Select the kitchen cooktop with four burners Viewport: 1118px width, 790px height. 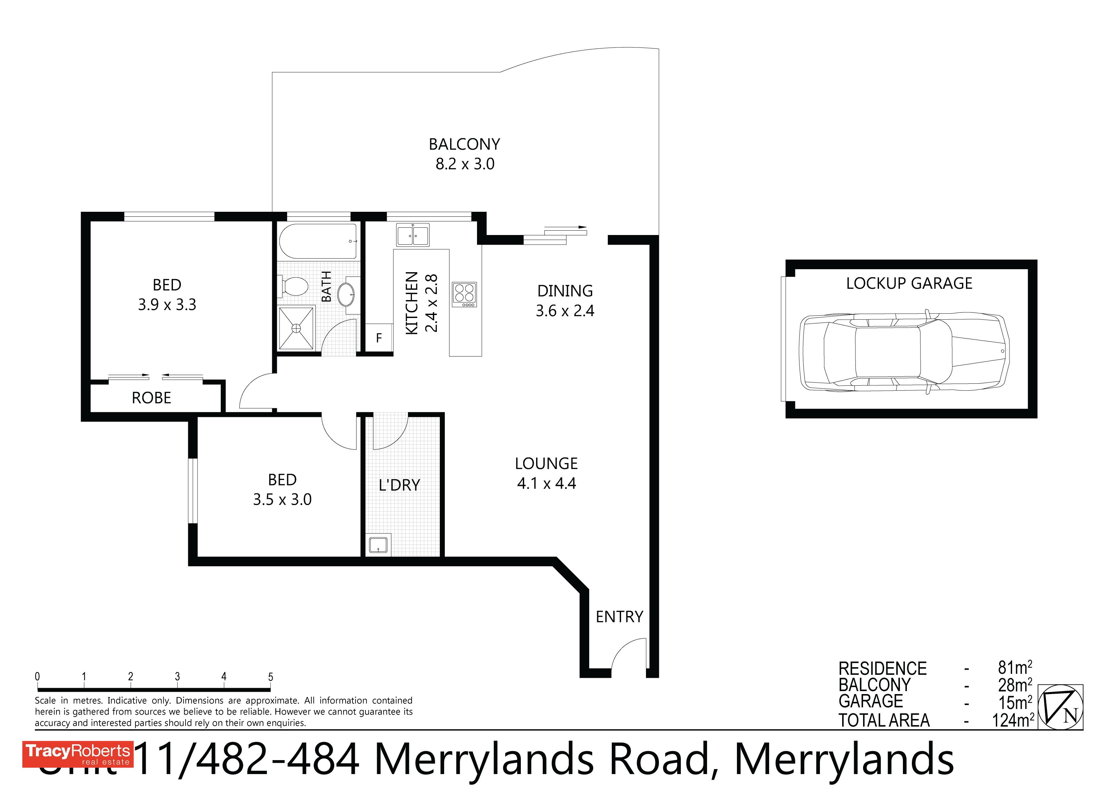tap(464, 294)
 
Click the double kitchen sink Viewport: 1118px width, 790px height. tap(412, 235)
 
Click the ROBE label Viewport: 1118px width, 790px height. tap(151, 398)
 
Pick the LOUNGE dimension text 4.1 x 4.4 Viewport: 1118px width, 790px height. tap(546, 483)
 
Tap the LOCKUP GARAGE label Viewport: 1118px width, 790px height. tap(909, 283)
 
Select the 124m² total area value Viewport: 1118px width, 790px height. tap(1013, 720)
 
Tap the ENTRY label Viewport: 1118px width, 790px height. tap(619, 617)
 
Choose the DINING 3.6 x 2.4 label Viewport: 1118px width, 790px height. tap(565, 300)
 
